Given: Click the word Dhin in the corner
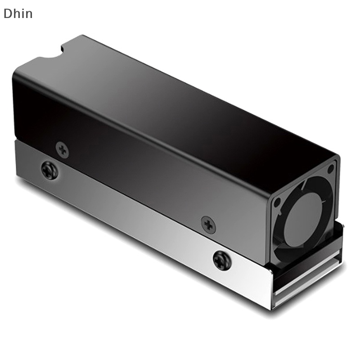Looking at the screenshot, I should pos(18,13).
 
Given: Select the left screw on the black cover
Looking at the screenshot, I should pos(62,149).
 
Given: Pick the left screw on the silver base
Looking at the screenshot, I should pos(49,171).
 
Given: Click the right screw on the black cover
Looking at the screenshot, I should pos(208,224).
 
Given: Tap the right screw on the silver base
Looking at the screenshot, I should pos(222,260).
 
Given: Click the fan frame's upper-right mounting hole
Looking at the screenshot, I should pos(331,169).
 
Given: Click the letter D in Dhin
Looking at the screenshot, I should pos(7,13).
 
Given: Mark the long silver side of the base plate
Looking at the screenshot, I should pos(135,225).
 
